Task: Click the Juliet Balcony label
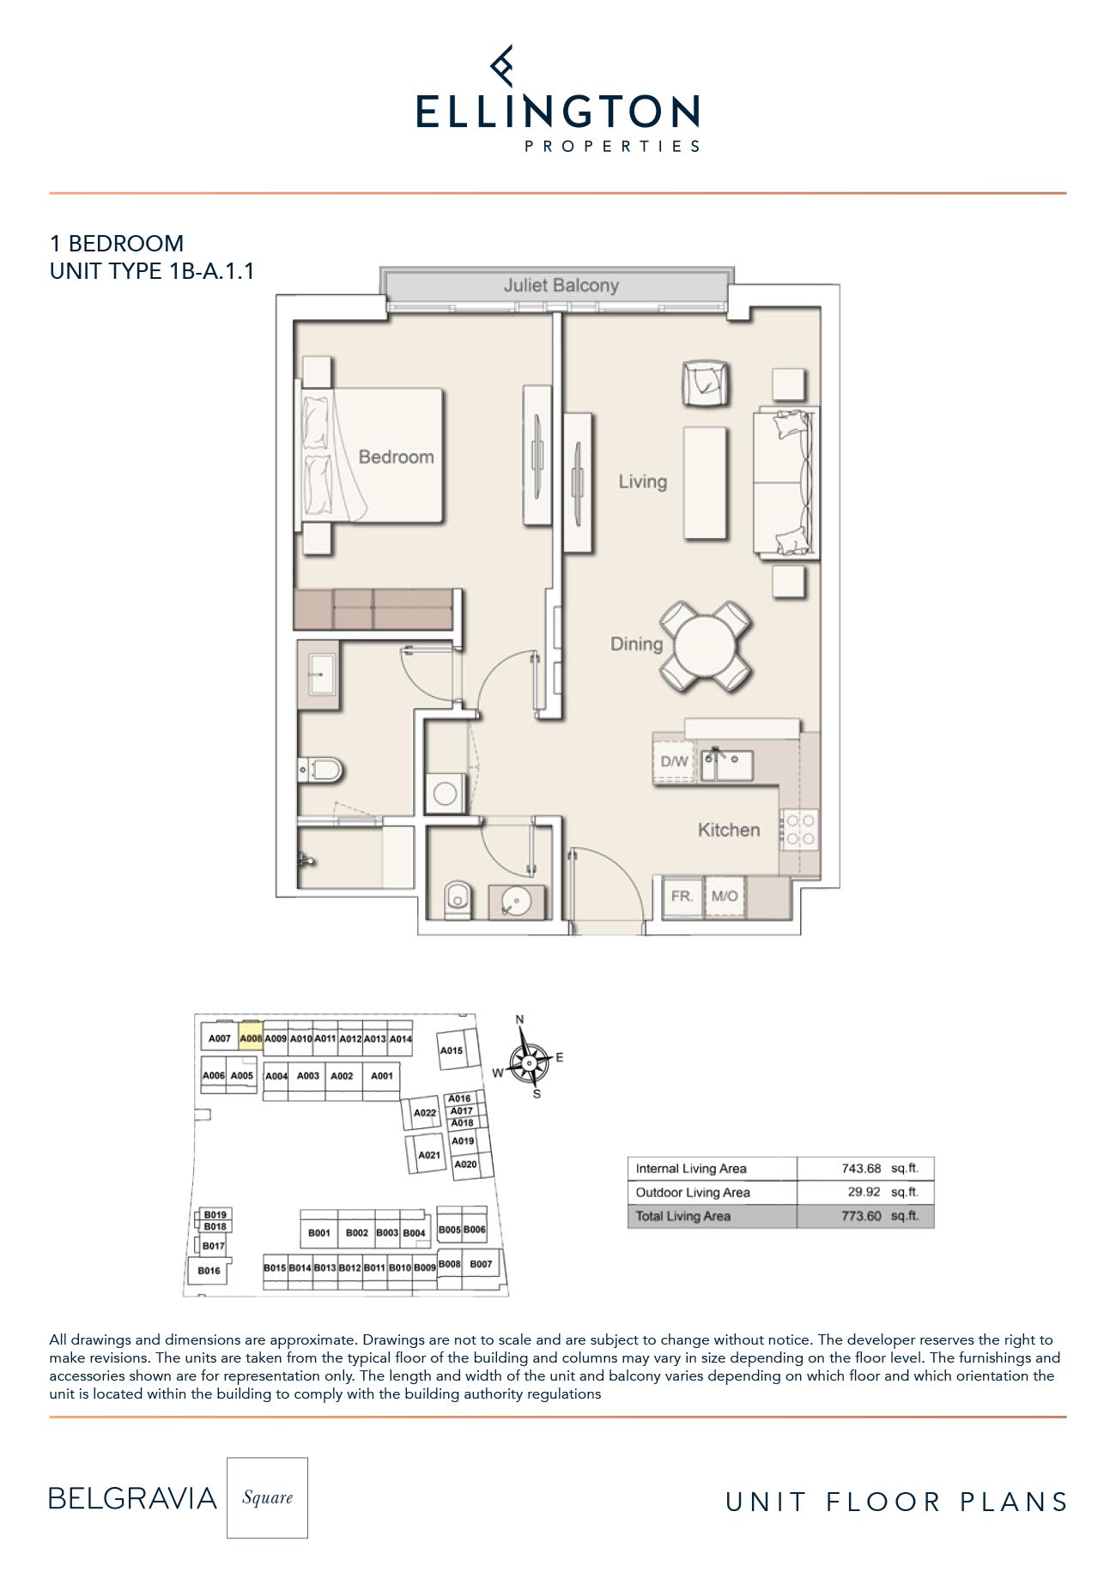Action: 561,286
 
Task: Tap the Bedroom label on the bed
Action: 396,457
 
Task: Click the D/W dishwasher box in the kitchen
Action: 674,761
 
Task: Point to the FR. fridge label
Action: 682,897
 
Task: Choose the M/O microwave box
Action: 725,897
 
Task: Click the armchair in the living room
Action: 705,383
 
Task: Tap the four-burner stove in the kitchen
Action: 800,829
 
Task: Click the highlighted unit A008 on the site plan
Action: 251,1038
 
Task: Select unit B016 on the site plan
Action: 209,1271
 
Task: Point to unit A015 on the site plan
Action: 452,1050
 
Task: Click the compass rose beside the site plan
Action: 529,1062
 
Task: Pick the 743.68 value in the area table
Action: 861,1169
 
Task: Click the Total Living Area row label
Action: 683,1216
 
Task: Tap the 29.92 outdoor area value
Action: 864,1193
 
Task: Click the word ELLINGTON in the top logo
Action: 558,112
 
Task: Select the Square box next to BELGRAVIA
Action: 267,1497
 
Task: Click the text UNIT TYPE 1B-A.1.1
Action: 152,271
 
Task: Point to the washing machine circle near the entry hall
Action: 445,793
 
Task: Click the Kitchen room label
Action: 729,830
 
